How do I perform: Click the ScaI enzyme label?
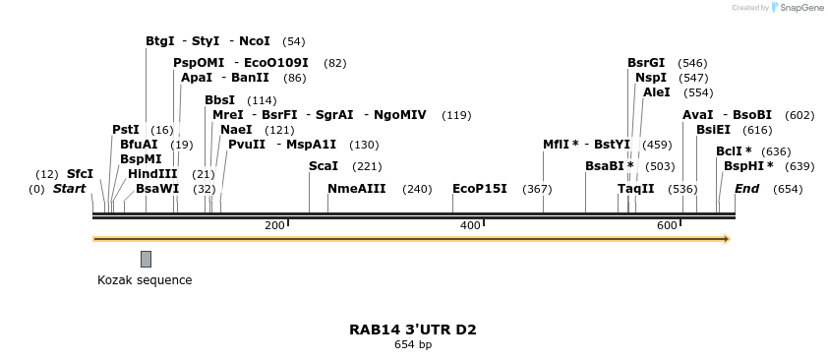324,166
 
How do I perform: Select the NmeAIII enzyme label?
357,188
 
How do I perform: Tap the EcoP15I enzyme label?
480,188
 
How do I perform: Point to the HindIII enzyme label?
152,173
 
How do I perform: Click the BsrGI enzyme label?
646,62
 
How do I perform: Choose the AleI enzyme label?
656,91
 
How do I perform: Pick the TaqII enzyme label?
635,188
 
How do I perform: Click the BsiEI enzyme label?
713,129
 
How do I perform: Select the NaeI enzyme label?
236,129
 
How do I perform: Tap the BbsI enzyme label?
219,99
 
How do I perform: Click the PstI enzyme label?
126,129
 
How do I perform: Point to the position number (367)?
537,189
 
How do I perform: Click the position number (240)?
417,189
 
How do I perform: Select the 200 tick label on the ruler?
274,226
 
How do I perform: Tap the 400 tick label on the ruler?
470,226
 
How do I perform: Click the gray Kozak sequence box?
146,259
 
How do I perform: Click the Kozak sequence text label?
145,280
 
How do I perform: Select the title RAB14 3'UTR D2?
413,330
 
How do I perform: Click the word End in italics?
747,188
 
